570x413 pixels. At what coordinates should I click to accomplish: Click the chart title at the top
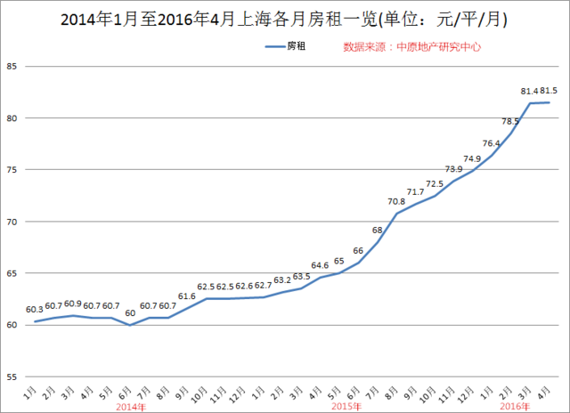point(285,18)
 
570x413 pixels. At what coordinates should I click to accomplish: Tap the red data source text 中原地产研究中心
point(412,46)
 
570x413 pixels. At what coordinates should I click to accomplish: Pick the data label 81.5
point(549,91)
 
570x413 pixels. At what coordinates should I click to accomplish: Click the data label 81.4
point(528,91)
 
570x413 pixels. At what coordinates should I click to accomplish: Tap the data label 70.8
point(396,201)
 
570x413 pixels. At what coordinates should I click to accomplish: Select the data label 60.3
point(35,310)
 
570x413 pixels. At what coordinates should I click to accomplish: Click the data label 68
point(378,231)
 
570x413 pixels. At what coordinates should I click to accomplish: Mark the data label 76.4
point(492,143)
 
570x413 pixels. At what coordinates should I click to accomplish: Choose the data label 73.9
point(454,168)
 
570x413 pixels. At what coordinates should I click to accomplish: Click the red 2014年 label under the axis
point(130,406)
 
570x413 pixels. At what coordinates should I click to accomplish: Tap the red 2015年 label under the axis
point(346,406)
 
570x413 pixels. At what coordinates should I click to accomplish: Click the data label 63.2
point(282,279)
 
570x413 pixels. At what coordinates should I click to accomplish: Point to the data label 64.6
point(320,265)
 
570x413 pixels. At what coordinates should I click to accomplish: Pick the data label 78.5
point(510,121)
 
